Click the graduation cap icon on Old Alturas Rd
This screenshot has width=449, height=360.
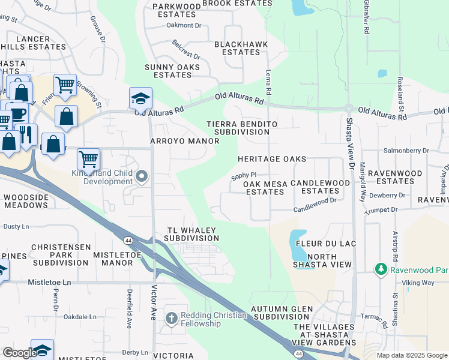140,97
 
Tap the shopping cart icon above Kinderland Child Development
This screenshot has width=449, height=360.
88,159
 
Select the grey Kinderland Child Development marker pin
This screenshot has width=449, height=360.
142,176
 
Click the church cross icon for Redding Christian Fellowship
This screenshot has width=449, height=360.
171,318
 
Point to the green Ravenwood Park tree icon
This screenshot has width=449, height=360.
380,269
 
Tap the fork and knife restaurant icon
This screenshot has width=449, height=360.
26,134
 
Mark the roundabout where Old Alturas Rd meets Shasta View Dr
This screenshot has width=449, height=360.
348,108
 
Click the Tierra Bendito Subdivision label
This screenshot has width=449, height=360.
242,128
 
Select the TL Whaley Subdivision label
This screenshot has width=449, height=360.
191,234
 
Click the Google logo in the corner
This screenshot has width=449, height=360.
19,352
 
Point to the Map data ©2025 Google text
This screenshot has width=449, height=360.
411,355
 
